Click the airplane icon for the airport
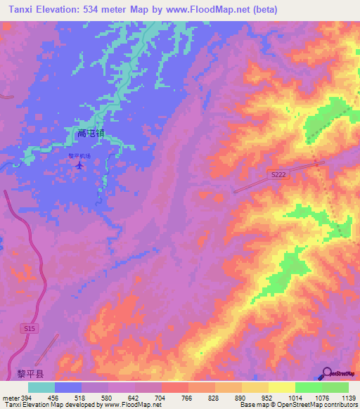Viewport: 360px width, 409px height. coord(79,166)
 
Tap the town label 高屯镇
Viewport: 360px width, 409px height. coord(91,132)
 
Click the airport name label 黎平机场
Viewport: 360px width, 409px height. coord(79,157)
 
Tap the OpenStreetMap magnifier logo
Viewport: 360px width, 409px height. coord(328,373)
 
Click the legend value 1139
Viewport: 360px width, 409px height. coord(340,398)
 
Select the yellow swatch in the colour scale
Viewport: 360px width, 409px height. coord(281,387)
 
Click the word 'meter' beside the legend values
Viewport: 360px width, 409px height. coord(10,398)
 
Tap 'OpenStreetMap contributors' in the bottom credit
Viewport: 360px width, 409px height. coord(321,405)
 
